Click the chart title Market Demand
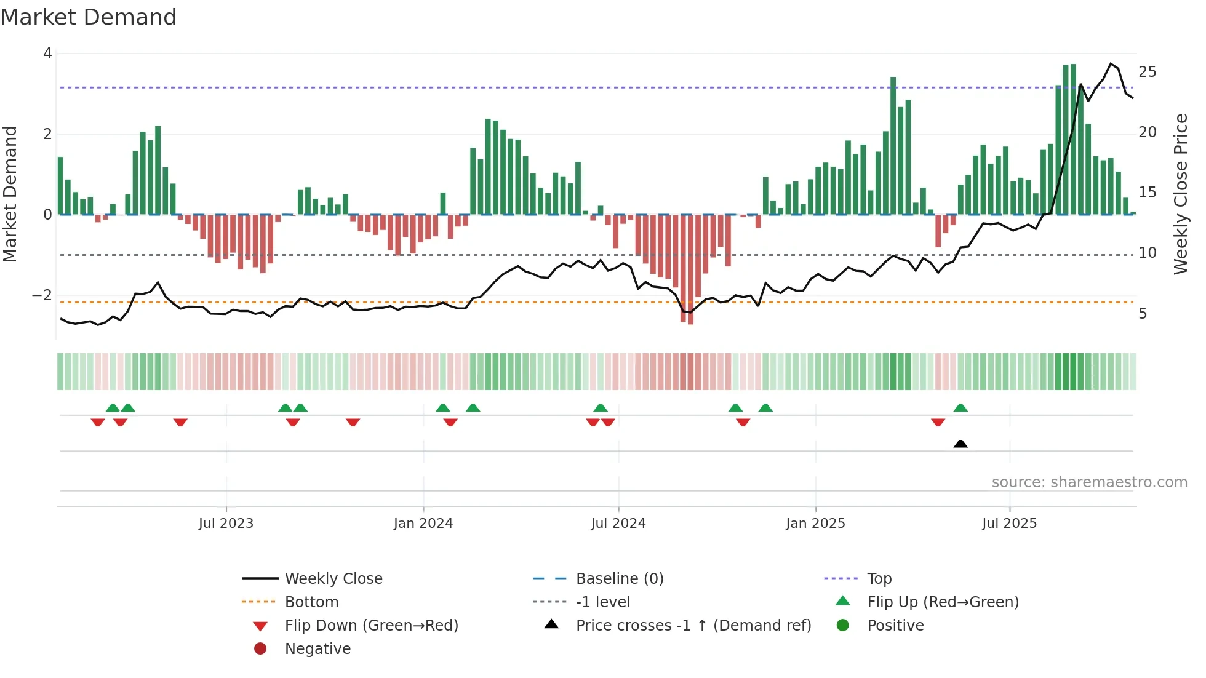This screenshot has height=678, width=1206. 89,17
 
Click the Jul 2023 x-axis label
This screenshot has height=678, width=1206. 226,524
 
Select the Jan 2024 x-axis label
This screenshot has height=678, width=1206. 423,524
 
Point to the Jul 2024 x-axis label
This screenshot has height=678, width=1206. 618,524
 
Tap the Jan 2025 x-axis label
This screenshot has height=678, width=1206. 815,524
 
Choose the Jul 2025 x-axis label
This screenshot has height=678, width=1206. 1009,524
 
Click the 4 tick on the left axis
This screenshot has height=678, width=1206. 47,54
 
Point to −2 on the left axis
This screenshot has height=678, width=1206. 42,295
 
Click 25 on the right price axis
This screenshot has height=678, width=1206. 1147,72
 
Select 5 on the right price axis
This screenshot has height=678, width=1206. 1143,314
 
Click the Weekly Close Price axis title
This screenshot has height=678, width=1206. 1180,194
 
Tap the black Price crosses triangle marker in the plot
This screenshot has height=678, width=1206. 960,444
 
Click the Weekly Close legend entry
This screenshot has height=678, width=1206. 333,579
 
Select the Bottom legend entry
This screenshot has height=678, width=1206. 311,602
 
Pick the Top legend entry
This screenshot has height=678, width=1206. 879,579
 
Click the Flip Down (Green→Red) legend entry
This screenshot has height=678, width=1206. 371,626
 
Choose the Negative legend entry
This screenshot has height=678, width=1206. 317,649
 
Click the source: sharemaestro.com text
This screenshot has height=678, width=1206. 1089,482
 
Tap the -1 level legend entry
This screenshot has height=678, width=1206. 602,602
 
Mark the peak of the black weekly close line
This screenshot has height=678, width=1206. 1111,63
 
